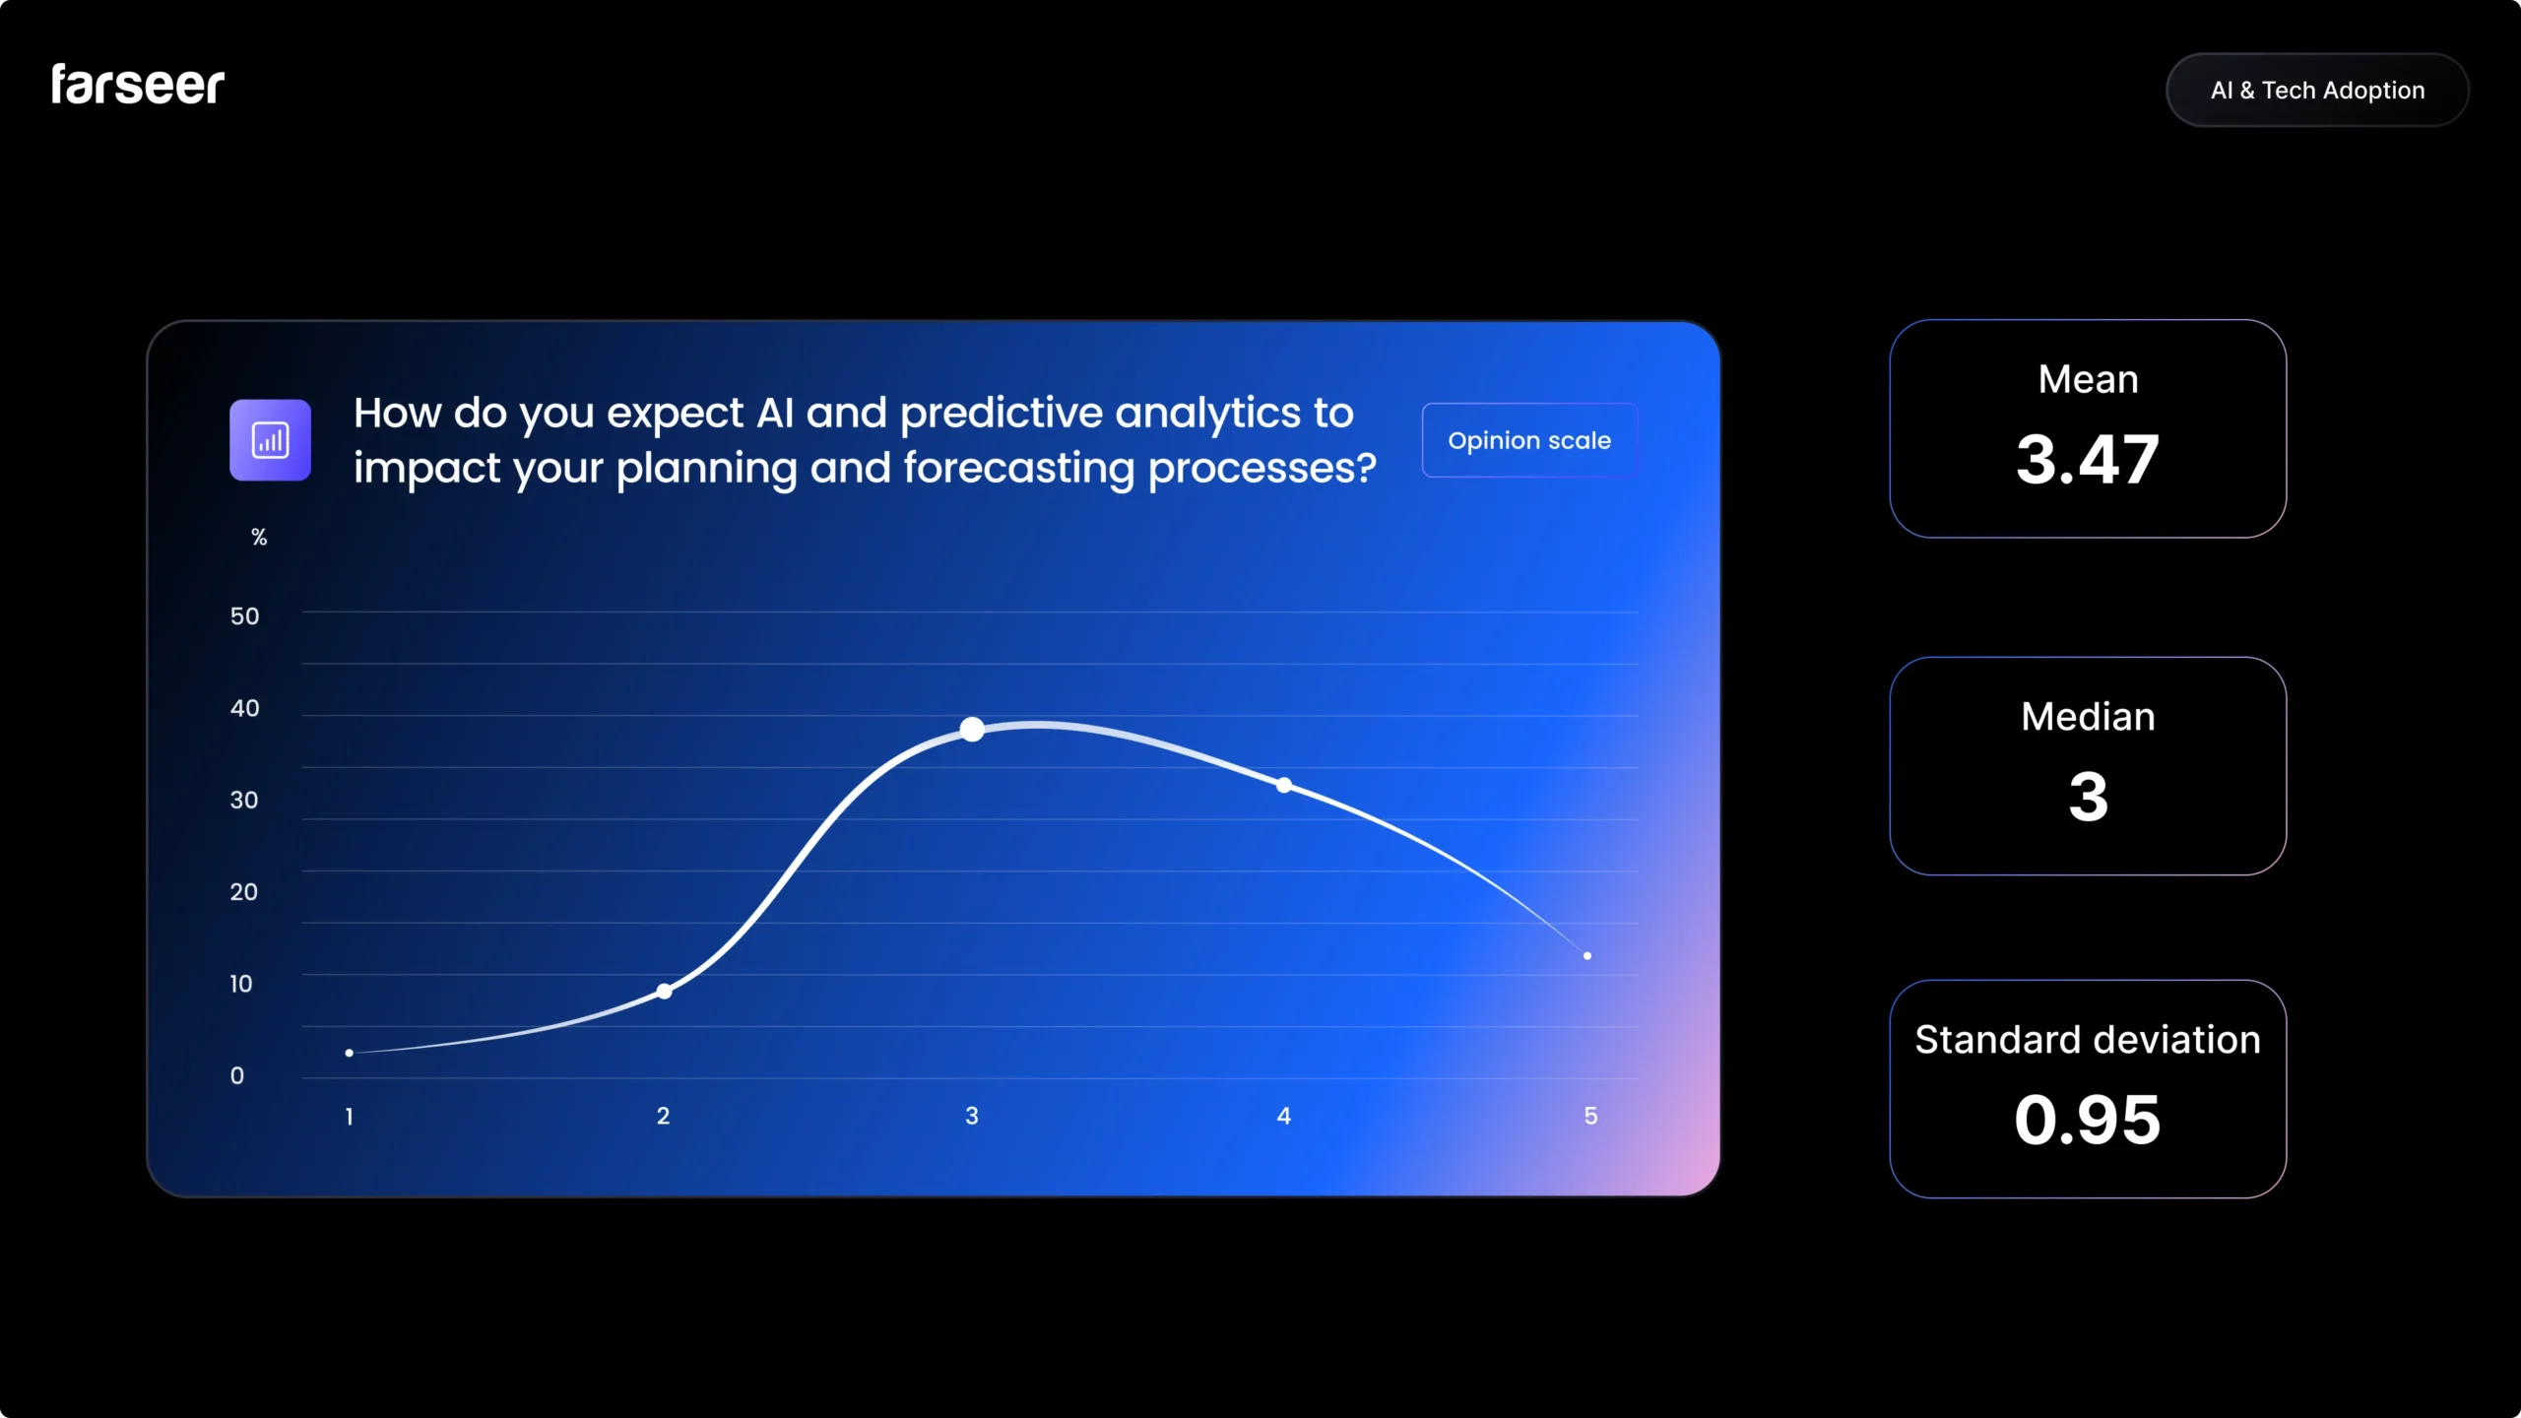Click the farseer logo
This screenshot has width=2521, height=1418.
tap(138, 85)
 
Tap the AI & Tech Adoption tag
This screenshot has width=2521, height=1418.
tap(2317, 91)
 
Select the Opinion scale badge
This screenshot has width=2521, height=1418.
tap(1529, 440)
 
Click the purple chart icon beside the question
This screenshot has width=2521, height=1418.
tap(270, 440)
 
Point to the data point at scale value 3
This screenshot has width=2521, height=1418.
tap(972, 729)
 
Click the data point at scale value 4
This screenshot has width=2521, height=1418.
tap(1284, 785)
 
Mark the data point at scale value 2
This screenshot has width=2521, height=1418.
tap(665, 991)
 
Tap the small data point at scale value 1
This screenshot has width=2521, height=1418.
tap(350, 1053)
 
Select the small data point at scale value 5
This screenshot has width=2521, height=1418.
tap(1587, 955)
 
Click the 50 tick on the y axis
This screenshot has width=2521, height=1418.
tap(244, 616)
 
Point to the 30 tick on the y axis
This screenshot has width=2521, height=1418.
tap(244, 800)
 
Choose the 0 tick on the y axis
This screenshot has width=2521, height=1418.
tap(237, 1075)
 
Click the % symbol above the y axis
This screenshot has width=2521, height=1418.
tap(259, 537)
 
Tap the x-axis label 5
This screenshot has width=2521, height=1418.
tap(1590, 1116)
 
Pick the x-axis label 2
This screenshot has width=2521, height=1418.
tap(663, 1116)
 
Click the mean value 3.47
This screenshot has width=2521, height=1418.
tap(2088, 460)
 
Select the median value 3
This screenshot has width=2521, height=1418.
tap(2088, 797)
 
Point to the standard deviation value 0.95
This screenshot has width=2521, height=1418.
tap(2088, 1120)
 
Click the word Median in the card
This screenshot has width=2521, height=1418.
tap(2088, 717)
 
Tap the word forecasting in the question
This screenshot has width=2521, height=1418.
tap(1018, 469)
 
